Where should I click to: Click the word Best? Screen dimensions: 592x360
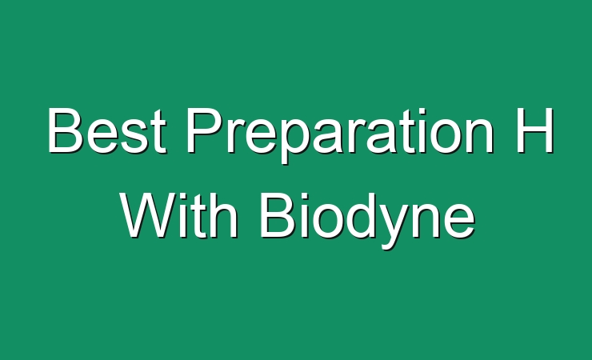[x=107, y=130]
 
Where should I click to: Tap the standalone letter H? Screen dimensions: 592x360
[x=535, y=130]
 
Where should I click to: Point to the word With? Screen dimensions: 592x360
[x=179, y=215]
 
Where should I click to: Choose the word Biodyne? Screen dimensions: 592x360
[x=368, y=220]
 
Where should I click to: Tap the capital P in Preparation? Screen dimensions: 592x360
[x=204, y=130]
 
